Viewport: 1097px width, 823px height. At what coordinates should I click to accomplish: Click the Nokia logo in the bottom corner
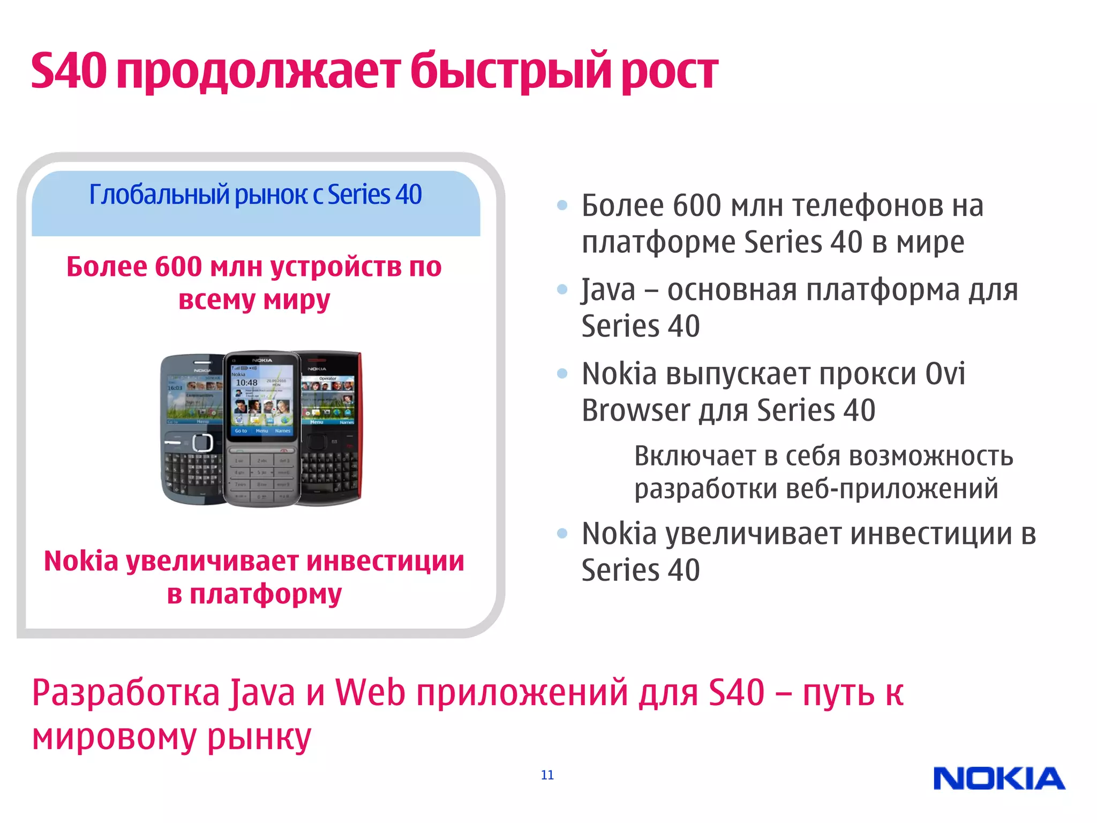coord(999,779)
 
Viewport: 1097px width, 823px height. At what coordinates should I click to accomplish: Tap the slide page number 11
coord(547,775)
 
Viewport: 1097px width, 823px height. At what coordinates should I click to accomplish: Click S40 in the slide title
coord(69,71)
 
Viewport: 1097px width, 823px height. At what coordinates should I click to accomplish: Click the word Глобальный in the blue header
coord(159,194)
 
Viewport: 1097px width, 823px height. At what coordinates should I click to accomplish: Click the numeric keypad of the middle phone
coord(262,474)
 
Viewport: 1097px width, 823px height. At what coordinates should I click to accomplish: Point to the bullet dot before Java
coord(562,290)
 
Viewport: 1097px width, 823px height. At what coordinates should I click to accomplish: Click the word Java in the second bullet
coord(608,290)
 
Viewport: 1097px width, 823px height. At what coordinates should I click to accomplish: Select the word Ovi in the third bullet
coord(945,373)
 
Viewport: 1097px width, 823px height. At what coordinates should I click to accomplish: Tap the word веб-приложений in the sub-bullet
coord(891,489)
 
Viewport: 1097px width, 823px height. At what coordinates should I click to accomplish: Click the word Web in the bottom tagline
coord(370,692)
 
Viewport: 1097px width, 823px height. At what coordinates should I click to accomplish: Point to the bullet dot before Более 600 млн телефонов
coord(562,205)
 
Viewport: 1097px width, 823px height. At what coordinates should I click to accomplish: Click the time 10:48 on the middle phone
coord(246,383)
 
